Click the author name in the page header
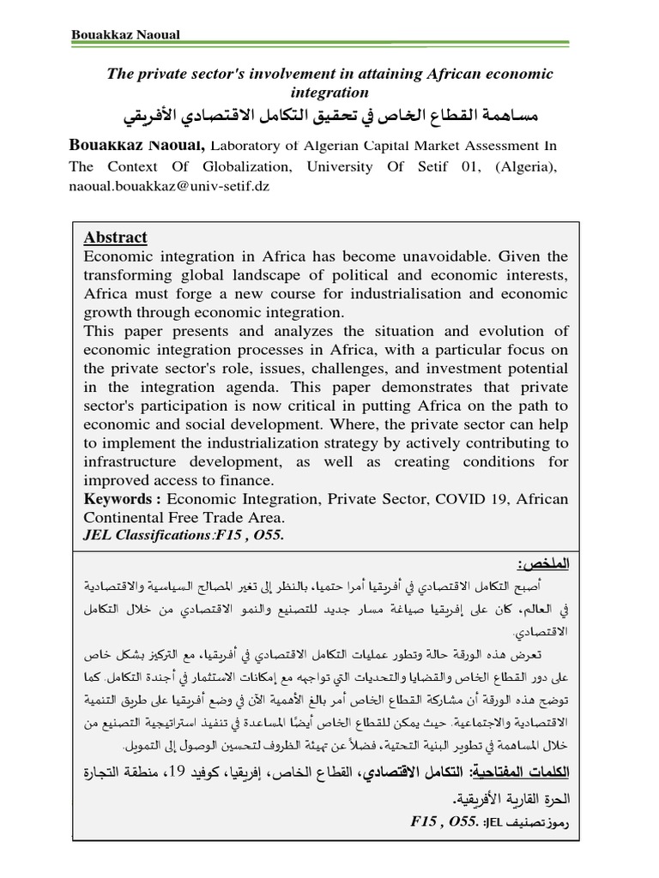pyautogui.click(x=124, y=35)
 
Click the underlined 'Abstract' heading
pyautogui.click(x=115, y=238)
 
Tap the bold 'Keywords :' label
pyautogui.click(x=123, y=500)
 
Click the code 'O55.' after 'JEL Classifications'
pyautogui.click(x=267, y=536)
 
